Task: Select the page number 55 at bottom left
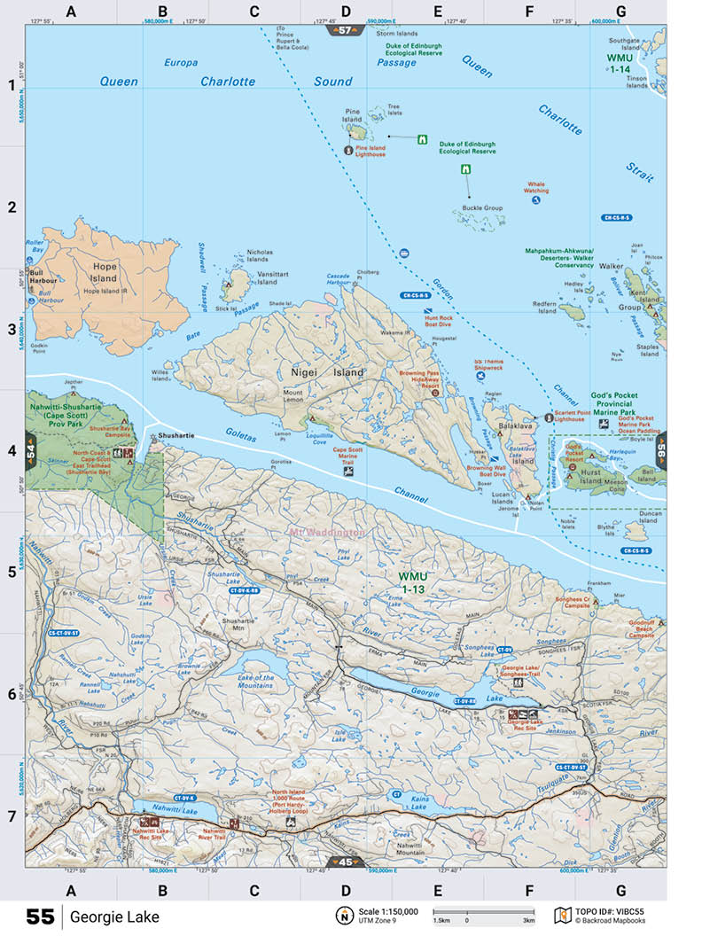coord(40,916)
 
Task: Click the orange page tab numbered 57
coord(346,30)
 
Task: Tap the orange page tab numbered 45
coord(346,862)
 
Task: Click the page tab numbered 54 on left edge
coord(31,451)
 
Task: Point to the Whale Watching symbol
coord(536,200)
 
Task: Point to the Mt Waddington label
coord(326,533)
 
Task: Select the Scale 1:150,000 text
coord(388,912)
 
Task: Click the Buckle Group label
coord(482,208)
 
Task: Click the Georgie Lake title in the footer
coord(115,916)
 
